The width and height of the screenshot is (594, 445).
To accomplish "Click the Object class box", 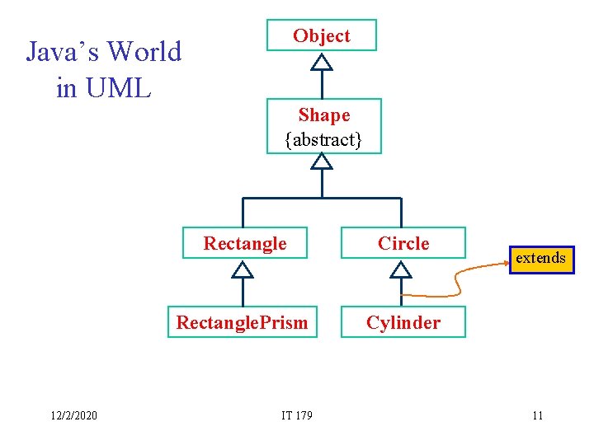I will coord(321,36).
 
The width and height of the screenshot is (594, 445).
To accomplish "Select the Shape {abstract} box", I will coord(323,126).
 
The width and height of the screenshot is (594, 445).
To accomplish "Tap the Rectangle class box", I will coord(244,243).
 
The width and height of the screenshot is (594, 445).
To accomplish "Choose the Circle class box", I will coord(403,243).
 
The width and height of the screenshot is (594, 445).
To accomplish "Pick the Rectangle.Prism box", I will coord(242,322).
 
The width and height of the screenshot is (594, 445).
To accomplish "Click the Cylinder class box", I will coord(403,322).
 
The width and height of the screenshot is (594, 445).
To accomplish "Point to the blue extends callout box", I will coord(540,258).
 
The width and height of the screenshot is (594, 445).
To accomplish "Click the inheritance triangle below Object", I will coord(322,62).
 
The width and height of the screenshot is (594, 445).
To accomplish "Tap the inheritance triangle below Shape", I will coord(322,161).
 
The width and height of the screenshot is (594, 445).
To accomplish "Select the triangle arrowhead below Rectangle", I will coord(243,269).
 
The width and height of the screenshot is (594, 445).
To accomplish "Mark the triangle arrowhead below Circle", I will coord(401,269).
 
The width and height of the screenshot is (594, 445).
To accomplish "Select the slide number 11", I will coord(537,415).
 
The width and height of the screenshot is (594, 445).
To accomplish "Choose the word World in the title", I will coord(144,52).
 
